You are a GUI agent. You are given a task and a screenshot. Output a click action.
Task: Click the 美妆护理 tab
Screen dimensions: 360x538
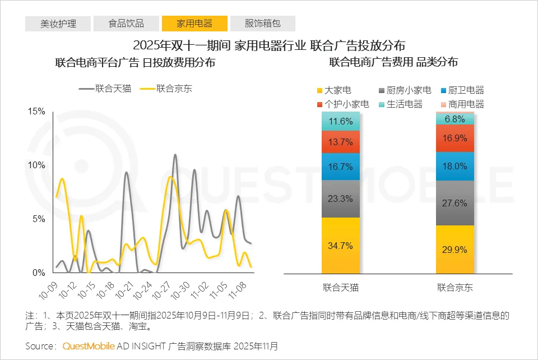click(58, 24)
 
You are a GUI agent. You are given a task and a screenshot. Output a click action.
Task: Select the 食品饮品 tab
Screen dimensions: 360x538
click(126, 24)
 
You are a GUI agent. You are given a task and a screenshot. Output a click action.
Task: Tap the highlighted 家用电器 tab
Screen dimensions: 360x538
click(194, 24)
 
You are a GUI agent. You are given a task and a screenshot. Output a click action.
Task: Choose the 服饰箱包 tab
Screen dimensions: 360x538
click(263, 24)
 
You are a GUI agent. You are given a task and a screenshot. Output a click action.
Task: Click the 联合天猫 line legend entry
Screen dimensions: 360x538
click(105, 88)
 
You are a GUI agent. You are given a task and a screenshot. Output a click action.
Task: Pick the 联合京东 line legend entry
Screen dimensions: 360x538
click(166, 88)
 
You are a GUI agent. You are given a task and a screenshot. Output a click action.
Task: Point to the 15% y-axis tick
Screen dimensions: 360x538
click(36, 112)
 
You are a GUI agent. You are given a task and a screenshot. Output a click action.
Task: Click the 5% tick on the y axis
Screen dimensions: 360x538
click(39, 219)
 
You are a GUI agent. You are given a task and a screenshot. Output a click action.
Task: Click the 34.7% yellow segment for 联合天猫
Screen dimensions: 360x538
click(341, 245)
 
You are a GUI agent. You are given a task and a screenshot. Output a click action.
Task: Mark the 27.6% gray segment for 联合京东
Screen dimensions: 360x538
click(455, 203)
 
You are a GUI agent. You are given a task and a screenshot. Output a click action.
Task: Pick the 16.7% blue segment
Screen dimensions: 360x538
click(341, 167)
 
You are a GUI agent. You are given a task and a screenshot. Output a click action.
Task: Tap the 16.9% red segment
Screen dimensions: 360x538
click(455, 139)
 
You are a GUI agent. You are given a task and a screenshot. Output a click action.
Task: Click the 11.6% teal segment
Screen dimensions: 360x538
click(341, 121)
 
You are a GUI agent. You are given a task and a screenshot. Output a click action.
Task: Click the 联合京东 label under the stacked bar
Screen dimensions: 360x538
click(455, 288)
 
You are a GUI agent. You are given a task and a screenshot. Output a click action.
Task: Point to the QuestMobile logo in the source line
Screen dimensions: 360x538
click(89, 346)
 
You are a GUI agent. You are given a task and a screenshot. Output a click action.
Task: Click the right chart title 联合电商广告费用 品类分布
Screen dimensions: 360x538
click(393, 62)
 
